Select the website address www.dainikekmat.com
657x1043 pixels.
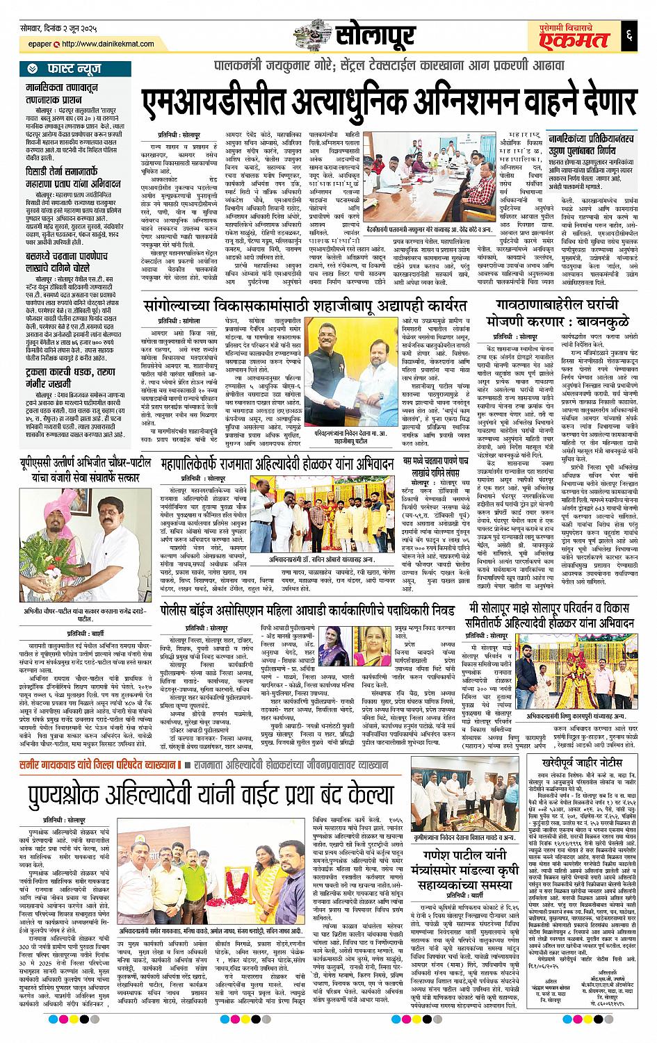tap(104, 44)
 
